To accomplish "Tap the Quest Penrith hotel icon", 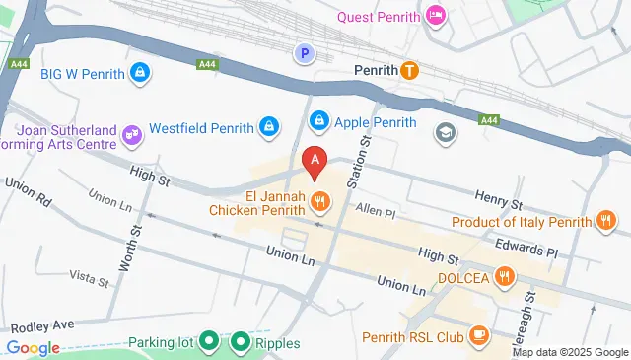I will click(435, 16).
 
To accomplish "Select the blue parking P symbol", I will click(306, 53).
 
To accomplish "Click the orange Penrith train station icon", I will click(410, 71).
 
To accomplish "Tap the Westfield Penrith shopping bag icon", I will click(267, 127).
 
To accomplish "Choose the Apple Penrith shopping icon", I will click(318, 122).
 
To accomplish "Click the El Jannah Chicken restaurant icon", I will click(319, 202).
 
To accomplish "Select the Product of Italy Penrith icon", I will click(606, 222).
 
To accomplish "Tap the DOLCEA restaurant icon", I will click(505, 277).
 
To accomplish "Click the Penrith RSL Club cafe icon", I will click(480, 336).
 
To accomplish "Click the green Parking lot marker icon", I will click(209, 343).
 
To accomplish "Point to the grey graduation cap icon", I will click(446, 131).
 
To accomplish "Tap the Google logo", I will click(33, 347).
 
